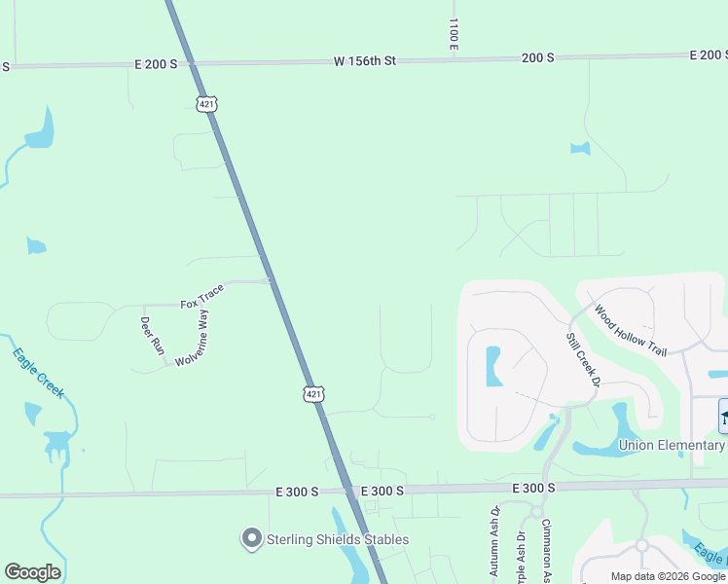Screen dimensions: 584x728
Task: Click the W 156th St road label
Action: tap(365, 61)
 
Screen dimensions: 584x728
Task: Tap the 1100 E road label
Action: tap(454, 33)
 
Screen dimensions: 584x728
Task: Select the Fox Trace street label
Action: tap(202, 297)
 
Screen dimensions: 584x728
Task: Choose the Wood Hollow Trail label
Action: tap(630, 330)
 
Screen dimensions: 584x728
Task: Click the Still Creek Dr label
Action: tap(581, 358)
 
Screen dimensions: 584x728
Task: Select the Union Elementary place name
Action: tap(672, 446)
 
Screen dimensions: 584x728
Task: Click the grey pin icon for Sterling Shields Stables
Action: tap(252, 538)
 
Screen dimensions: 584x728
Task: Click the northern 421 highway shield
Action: tap(206, 103)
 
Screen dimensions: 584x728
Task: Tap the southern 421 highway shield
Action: tap(312, 393)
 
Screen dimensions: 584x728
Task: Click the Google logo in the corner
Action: tap(33, 572)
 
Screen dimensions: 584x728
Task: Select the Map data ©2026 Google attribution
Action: tap(668, 576)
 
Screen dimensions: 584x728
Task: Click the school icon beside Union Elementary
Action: tap(724, 416)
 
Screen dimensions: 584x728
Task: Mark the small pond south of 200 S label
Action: tap(580, 149)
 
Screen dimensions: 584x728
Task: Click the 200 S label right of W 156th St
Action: tap(537, 57)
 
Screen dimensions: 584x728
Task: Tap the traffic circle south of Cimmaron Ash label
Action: tap(534, 511)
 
